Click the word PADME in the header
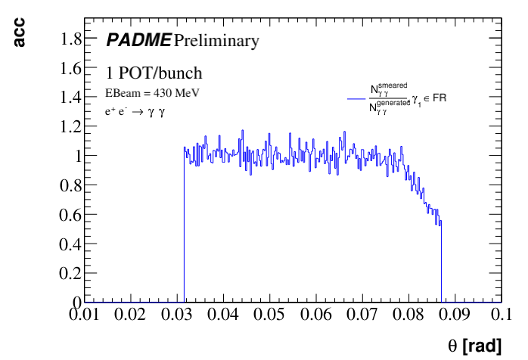139,40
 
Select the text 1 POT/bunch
154,74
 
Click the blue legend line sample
357,99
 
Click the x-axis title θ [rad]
474,346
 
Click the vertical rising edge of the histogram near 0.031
184,227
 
